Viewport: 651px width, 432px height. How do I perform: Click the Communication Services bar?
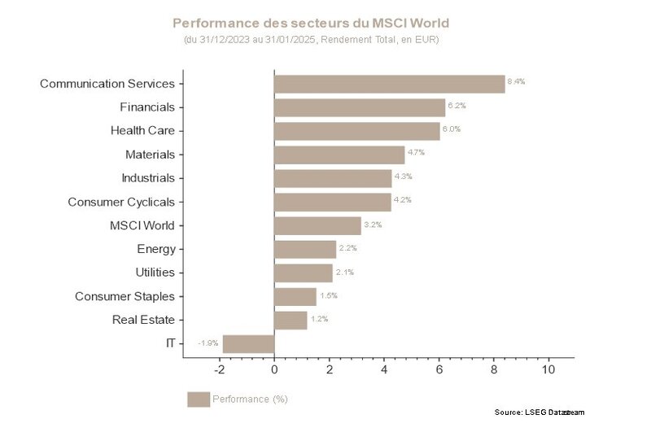click(389, 84)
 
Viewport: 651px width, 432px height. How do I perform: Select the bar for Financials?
click(359, 107)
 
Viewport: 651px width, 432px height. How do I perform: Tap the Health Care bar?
click(356, 131)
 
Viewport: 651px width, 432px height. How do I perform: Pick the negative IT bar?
click(248, 343)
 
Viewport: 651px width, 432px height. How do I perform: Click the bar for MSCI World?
click(317, 225)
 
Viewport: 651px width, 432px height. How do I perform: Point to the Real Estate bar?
click(291, 320)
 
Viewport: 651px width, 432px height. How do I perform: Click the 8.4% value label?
click(516, 81)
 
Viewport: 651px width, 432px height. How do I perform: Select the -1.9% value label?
click(208, 343)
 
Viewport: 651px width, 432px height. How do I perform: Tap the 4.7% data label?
click(415, 152)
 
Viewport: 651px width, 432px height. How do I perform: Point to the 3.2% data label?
click(371, 224)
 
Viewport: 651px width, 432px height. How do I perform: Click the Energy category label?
click(155, 249)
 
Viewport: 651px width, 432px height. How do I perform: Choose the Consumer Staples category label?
click(125, 296)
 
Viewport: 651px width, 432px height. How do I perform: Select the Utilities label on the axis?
click(155, 273)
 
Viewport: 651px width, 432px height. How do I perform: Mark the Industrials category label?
click(147, 178)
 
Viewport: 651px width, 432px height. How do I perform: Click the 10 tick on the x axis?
click(548, 370)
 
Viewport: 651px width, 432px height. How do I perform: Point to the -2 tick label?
click(218, 370)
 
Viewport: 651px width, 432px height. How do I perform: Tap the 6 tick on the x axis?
click(439, 370)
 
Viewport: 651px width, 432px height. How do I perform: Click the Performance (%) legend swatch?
click(198, 399)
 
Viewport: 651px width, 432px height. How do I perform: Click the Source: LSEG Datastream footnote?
click(539, 412)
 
